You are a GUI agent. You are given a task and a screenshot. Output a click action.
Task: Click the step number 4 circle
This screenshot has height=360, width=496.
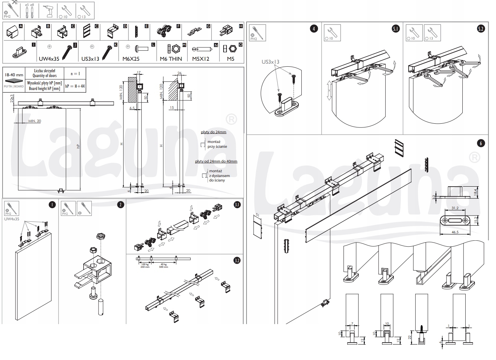pos(314,29)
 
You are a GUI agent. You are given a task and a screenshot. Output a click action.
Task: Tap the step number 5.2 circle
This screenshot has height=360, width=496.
pos(481,29)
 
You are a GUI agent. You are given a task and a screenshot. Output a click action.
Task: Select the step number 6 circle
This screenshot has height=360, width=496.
pos(481,143)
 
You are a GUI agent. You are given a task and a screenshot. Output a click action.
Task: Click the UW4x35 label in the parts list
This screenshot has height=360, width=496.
pos(49,59)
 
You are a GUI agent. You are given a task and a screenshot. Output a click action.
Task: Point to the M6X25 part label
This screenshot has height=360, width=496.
pos(131,59)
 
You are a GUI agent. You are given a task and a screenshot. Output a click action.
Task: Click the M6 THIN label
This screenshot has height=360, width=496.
pos(171,59)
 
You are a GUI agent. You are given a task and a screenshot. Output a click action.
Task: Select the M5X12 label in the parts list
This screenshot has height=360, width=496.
pos(201,59)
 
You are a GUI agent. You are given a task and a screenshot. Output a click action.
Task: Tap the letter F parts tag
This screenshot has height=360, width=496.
pos(178,26)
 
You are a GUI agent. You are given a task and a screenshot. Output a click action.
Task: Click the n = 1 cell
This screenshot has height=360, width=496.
pos(75,73)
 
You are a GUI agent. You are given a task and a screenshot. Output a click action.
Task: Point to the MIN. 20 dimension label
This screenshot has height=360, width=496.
pos(35,121)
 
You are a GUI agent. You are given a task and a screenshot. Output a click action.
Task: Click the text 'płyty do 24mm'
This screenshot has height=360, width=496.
pos(214,132)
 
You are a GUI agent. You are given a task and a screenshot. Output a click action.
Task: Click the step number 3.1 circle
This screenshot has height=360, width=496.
pos(237,204)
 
